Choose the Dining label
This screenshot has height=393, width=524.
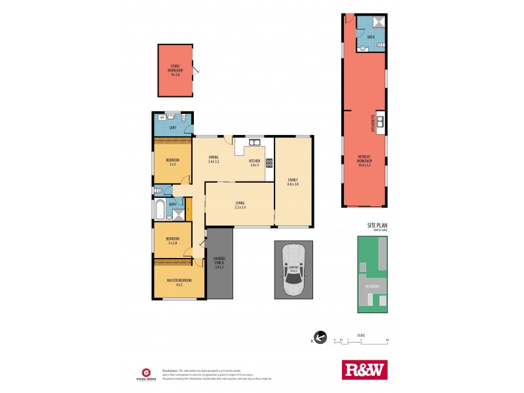[x=214, y=157]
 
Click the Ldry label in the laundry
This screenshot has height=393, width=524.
[x=172, y=128]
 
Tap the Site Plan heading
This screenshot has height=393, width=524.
[x=377, y=225]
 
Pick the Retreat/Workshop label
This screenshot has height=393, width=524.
[x=365, y=159]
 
